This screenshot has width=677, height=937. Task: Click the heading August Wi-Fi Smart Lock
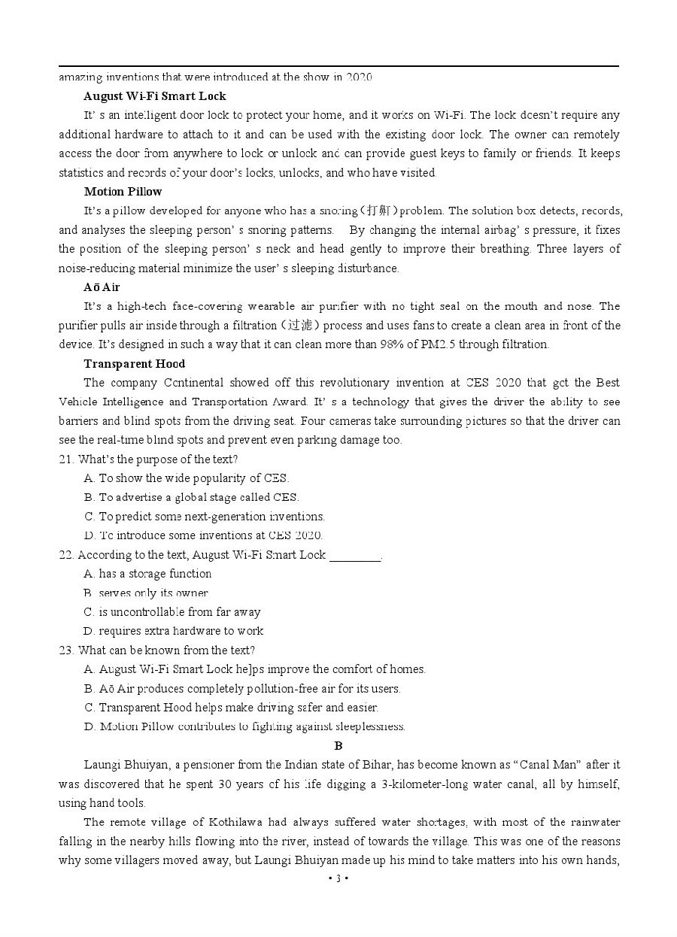(x=154, y=96)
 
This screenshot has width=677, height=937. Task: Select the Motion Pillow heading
(x=123, y=192)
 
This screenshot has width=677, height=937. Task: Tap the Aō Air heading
(x=102, y=287)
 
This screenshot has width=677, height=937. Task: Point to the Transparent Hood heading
(x=135, y=364)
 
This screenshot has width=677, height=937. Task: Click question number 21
(x=66, y=459)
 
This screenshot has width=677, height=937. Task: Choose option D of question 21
(x=203, y=535)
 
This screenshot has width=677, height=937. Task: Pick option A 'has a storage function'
(x=148, y=574)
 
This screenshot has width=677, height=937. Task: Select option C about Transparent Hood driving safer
(x=232, y=708)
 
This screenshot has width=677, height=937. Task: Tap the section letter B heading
(x=338, y=746)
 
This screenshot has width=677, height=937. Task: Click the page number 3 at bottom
(x=338, y=878)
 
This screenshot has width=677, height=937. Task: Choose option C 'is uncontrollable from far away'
(x=172, y=612)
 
